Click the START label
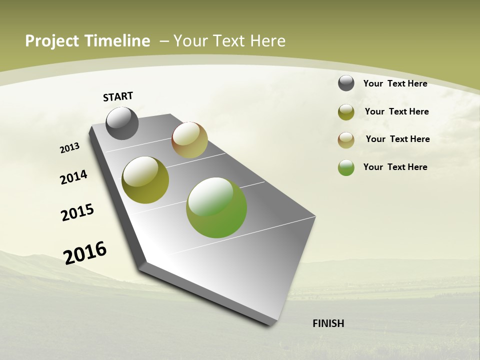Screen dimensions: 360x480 click(118, 96)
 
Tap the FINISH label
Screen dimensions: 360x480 click(328, 323)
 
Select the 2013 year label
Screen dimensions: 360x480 click(69, 148)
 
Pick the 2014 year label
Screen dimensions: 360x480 click(73, 177)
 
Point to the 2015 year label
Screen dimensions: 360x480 click(77, 212)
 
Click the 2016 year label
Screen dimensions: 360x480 click(85, 252)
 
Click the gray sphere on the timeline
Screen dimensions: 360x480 click(122, 123)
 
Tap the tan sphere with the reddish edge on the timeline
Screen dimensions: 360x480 click(189, 140)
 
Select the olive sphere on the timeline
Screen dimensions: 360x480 click(145, 180)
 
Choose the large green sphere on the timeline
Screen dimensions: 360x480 click(216, 207)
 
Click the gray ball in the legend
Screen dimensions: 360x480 click(346, 83)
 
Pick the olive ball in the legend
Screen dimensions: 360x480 click(346, 112)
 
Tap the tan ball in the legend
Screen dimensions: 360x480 click(346, 140)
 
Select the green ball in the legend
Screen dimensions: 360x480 click(346, 167)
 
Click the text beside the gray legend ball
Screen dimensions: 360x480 click(395, 83)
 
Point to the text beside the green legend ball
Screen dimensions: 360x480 click(395, 167)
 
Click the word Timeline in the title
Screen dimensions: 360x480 click(117, 41)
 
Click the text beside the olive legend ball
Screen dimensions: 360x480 click(396, 111)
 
